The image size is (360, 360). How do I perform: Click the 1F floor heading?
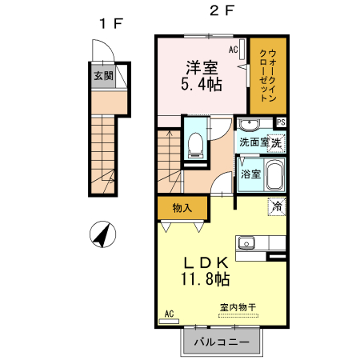[x=110, y=23]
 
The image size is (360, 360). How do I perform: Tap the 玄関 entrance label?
[x=103, y=77]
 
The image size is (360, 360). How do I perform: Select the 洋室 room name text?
[x=201, y=66]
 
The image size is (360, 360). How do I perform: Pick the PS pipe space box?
[x=281, y=122]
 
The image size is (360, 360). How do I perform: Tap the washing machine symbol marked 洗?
[x=276, y=143]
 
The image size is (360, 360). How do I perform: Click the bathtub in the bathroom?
[x=274, y=174]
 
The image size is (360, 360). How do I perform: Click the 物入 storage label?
[x=182, y=208]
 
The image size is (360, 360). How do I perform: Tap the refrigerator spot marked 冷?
[x=276, y=206]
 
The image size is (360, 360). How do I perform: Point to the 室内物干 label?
[x=237, y=307]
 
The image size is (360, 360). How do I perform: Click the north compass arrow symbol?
[x=102, y=236]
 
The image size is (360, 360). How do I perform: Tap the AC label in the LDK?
[x=169, y=314]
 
